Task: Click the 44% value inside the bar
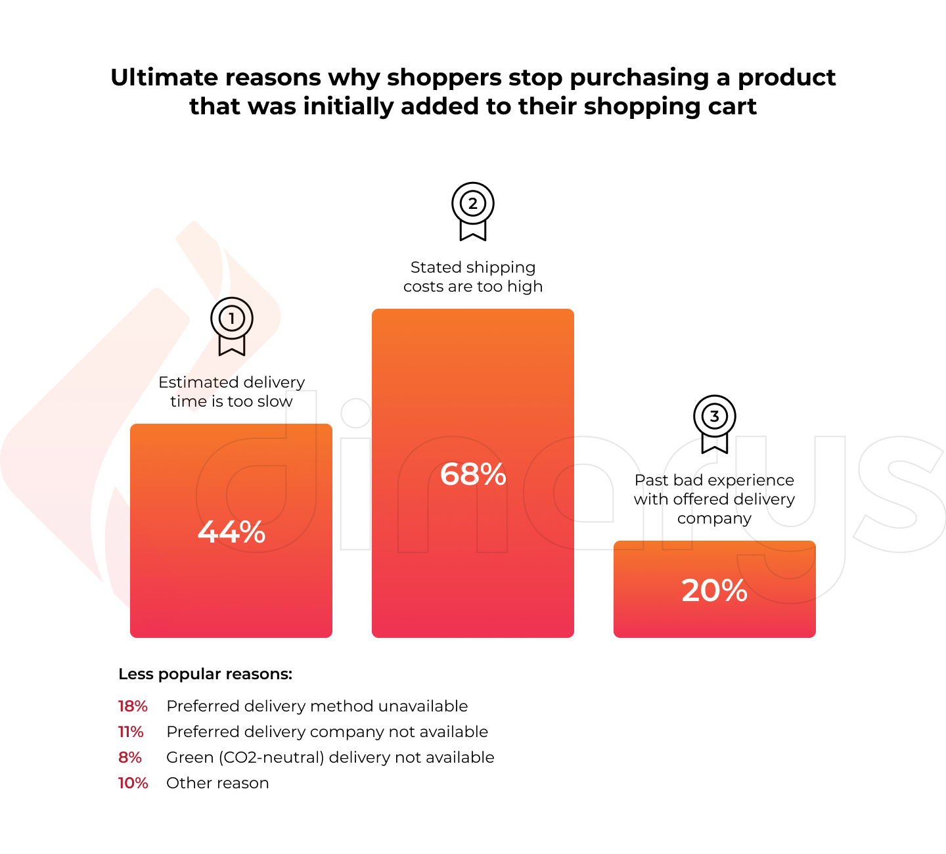click(231, 532)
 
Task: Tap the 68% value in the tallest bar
click(473, 474)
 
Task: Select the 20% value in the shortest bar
click(715, 591)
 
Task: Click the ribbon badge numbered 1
click(231, 325)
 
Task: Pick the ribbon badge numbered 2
click(473, 210)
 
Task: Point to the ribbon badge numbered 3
click(715, 423)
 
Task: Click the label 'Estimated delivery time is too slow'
click(231, 392)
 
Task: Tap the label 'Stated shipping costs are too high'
click(473, 277)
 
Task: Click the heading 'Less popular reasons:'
click(205, 674)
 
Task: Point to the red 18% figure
click(133, 706)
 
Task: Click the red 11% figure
click(131, 732)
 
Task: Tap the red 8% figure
click(130, 757)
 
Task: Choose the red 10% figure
click(133, 783)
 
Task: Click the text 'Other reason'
click(217, 783)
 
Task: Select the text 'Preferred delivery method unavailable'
click(317, 706)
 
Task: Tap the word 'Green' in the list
click(189, 757)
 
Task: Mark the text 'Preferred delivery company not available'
click(327, 732)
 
